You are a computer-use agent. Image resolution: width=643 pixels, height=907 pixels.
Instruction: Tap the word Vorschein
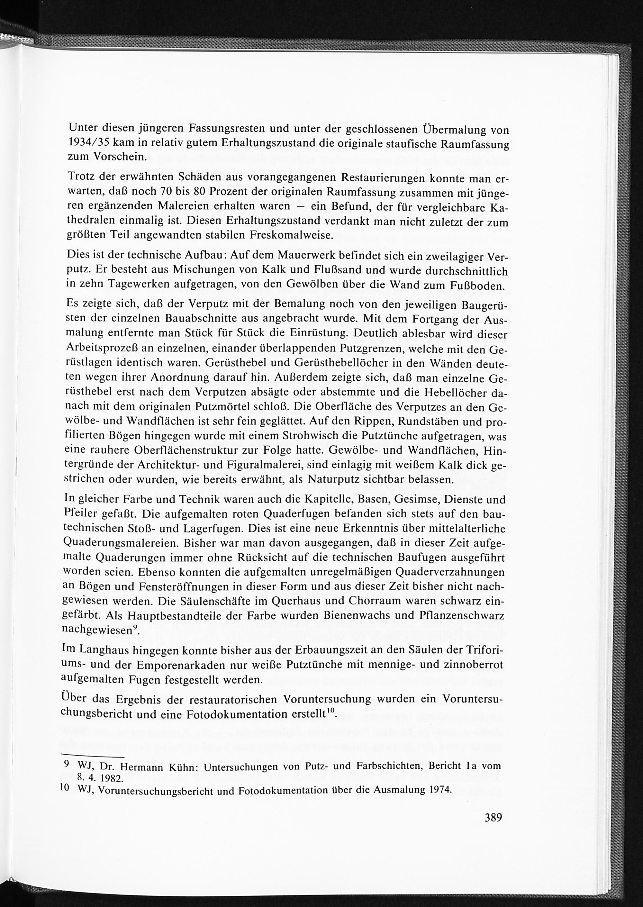(x=120, y=156)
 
